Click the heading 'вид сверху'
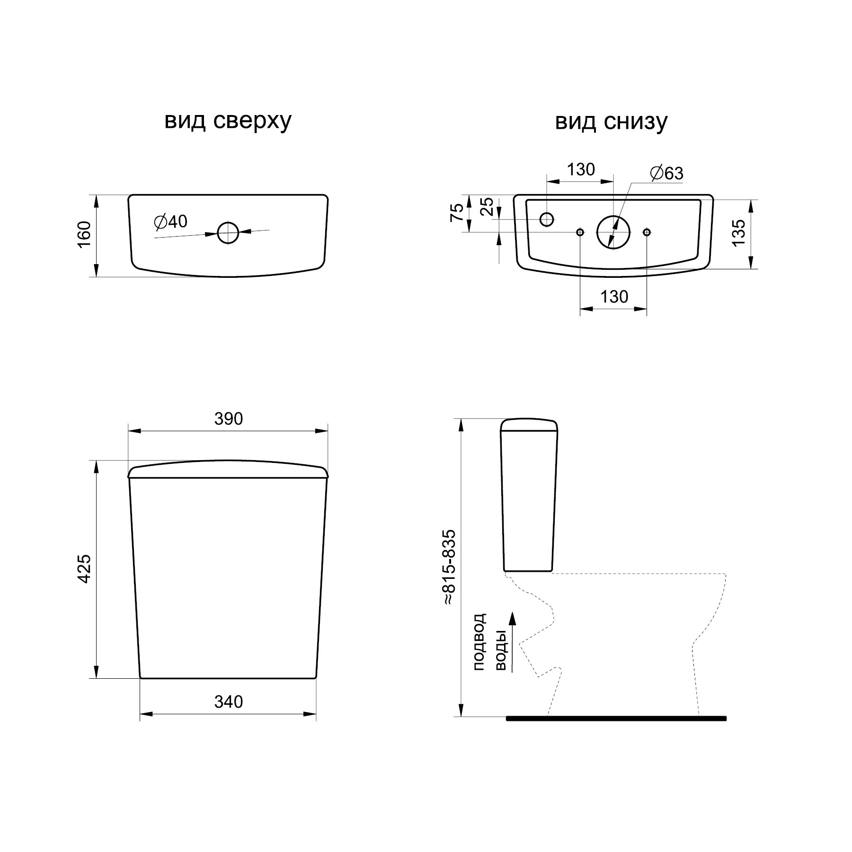click(228, 121)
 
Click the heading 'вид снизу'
click(611, 121)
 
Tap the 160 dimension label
click(84, 235)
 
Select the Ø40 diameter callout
click(171, 222)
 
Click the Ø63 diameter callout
click(667, 173)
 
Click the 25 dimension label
click(487, 207)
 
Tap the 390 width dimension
click(228, 418)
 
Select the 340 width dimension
click(228, 701)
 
